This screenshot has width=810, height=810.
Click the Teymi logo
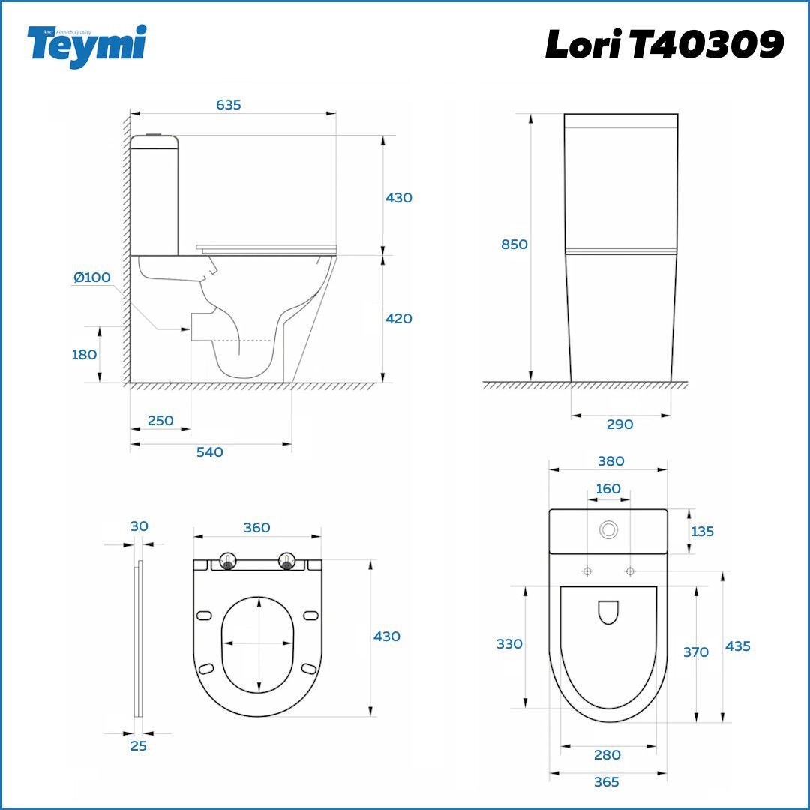tap(87, 46)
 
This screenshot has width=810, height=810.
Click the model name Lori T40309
tap(664, 44)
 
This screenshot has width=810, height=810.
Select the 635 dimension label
tap(228, 105)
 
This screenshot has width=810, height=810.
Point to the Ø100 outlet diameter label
tap(92, 277)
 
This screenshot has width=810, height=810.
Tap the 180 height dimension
tap(84, 354)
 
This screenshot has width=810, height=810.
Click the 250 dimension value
tap(160, 421)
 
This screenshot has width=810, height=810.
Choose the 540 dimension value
tap(210, 452)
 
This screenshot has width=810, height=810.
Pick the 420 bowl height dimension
tap(399, 318)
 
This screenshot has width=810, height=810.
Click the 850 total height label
tap(514, 244)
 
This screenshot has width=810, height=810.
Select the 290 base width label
tap(620, 424)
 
